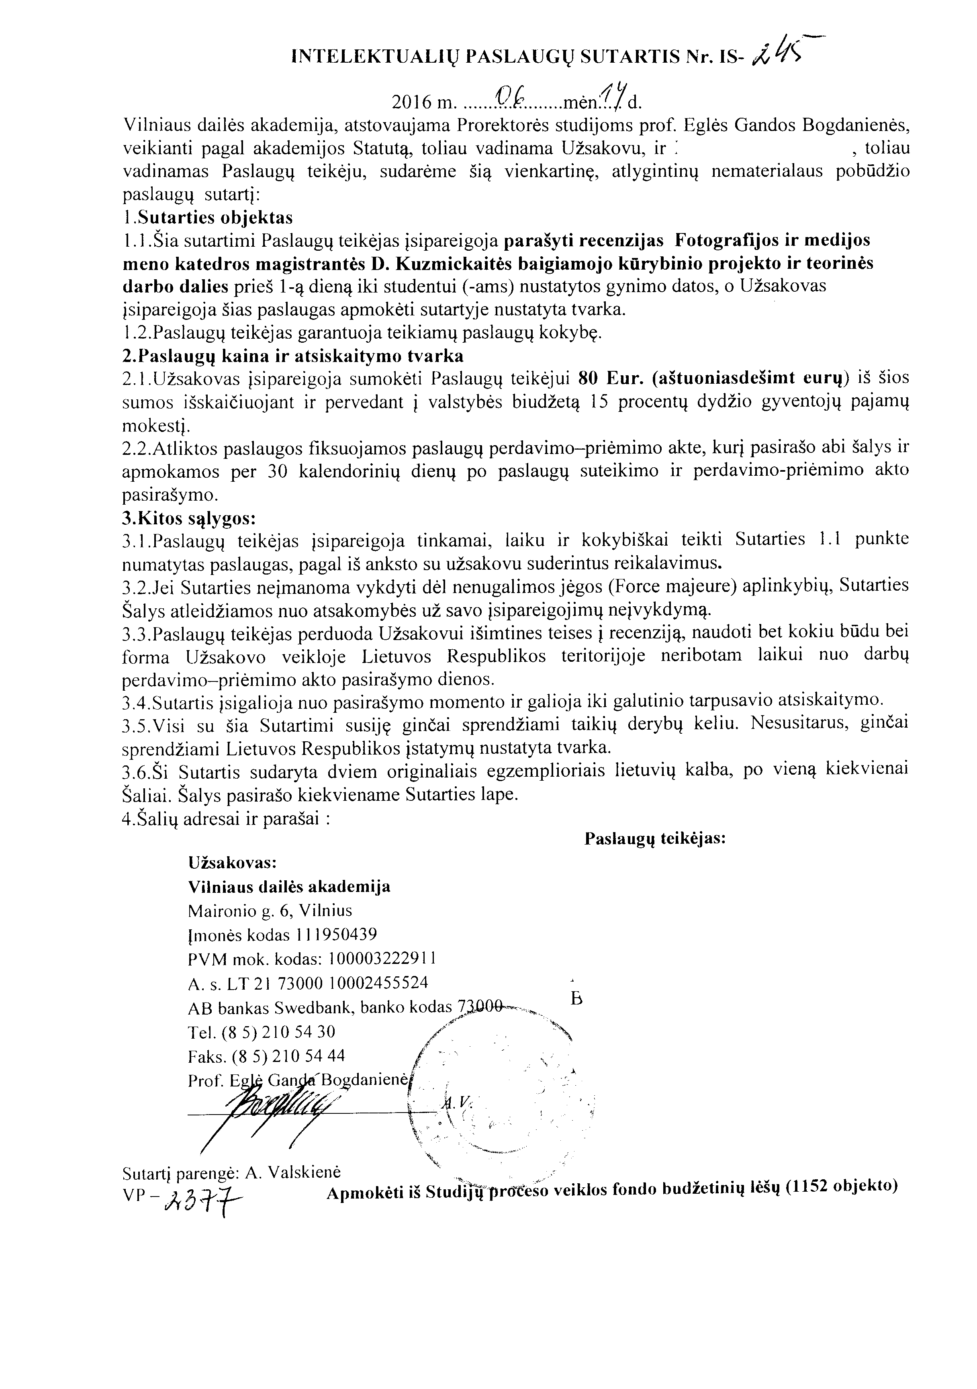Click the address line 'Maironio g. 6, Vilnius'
tap(270, 910)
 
